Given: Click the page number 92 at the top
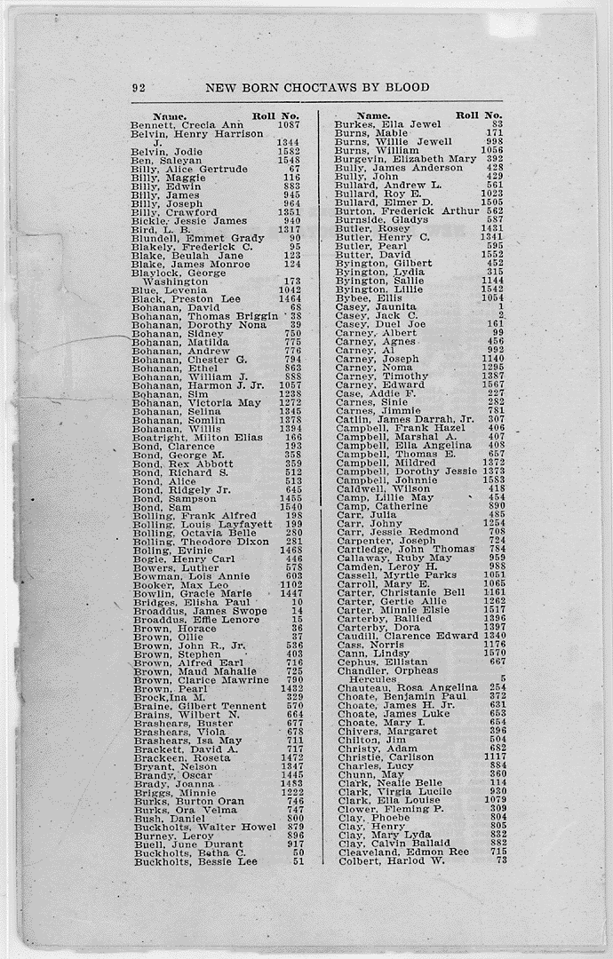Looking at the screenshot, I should click(138, 88).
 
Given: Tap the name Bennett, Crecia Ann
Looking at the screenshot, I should click(187, 125).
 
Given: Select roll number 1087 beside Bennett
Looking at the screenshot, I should click(289, 125).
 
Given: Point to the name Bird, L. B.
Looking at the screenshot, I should click(161, 230).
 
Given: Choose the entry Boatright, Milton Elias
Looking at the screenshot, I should click(197, 437).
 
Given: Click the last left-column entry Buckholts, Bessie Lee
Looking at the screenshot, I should click(195, 861).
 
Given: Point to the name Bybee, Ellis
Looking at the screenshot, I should click(369, 298).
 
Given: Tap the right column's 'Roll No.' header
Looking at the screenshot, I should click(479, 115).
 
